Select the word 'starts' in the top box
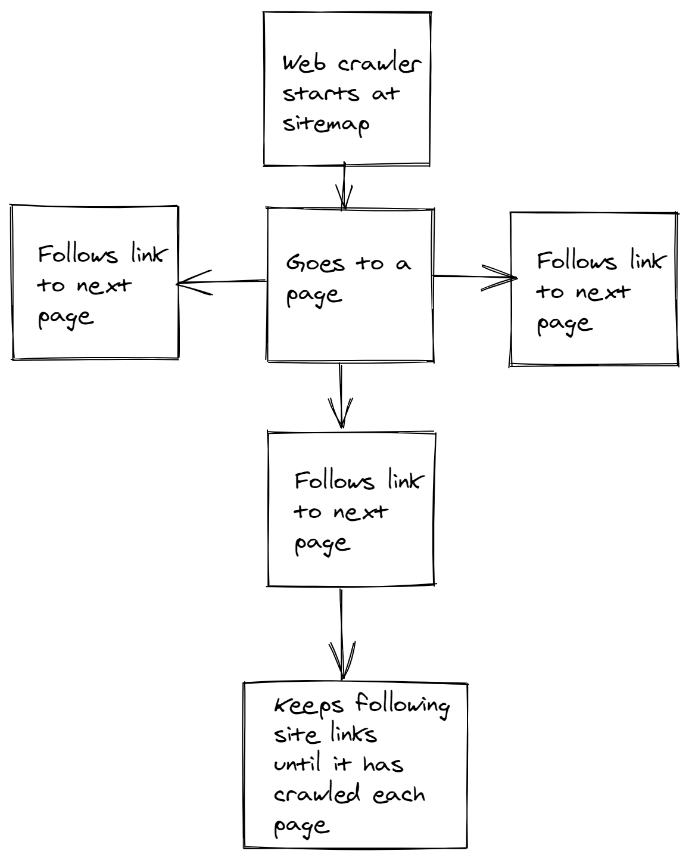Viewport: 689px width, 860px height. tap(321, 94)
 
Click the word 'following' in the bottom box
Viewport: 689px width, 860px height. tap(403, 706)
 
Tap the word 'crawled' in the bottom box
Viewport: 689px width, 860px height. tap(317, 795)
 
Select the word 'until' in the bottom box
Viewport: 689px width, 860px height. tap(297, 764)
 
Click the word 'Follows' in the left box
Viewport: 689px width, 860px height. tap(78, 255)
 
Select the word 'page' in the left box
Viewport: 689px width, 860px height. tap(66, 317)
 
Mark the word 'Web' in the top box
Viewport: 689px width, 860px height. tap(304, 64)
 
